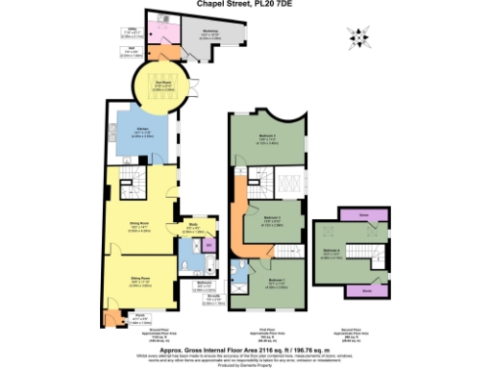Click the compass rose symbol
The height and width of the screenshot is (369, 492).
click(x=358, y=38)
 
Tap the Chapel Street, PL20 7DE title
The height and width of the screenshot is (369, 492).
click(x=245, y=5)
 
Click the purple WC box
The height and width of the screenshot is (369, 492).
click(x=209, y=245)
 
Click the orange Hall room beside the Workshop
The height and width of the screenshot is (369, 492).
click(x=160, y=52)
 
